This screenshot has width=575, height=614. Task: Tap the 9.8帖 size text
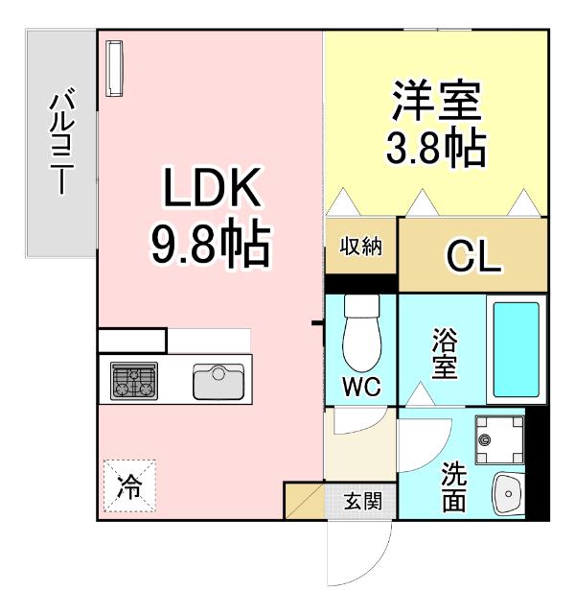[x=211, y=246]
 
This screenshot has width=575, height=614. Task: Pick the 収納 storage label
[x=360, y=246]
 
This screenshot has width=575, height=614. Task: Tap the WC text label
[x=361, y=389]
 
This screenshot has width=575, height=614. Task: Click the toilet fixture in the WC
[x=361, y=331]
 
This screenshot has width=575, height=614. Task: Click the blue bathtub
[x=517, y=350]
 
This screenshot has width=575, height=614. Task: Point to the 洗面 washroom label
[x=454, y=486]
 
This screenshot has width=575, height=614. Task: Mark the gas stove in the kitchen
[x=135, y=380]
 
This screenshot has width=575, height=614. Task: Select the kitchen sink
[x=218, y=380]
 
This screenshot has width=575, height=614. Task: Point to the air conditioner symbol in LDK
[x=115, y=68]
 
